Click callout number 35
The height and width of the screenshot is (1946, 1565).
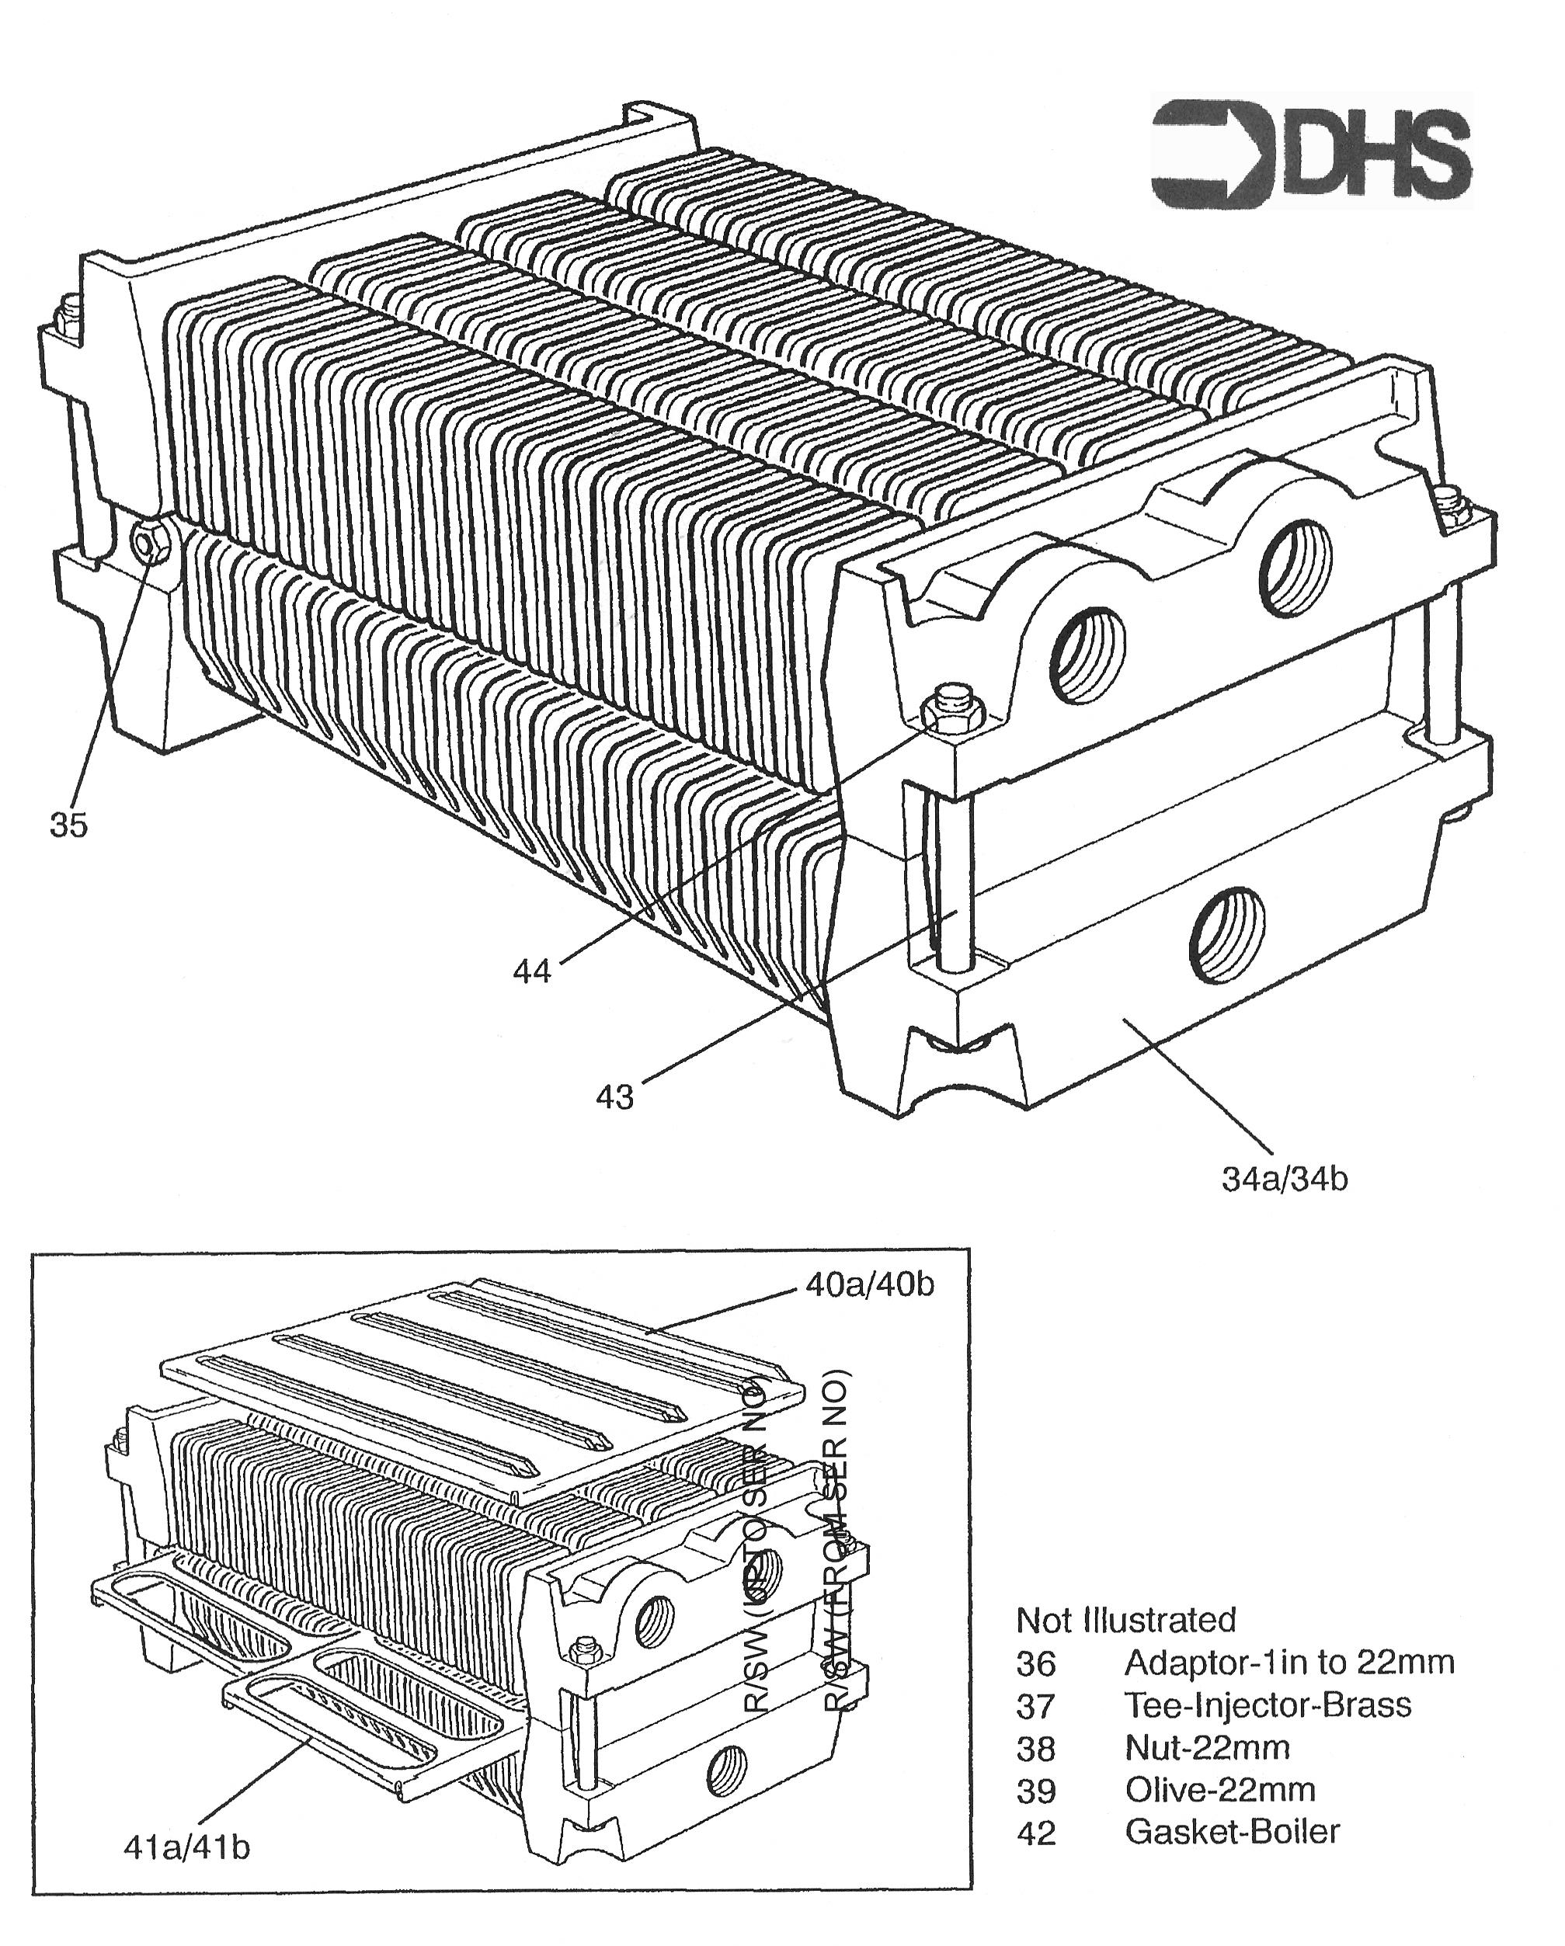(x=68, y=824)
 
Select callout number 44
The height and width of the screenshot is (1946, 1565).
(x=531, y=971)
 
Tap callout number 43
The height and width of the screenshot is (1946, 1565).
(x=614, y=1096)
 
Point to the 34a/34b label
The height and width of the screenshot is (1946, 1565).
(x=1285, y=1179)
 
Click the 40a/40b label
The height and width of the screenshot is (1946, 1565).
(x=869, y=1284)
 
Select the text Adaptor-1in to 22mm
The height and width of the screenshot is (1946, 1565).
(x=1289, y=1662)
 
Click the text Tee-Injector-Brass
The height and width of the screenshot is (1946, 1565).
(x=1268, y=1705)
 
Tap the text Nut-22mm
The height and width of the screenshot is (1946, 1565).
(x=1207, y=1747)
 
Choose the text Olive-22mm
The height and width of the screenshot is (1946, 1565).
(x=1219, y=1789)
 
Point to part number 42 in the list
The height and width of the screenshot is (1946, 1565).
(x=1035, y=1833)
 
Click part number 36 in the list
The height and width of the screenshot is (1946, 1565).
(x=1035, y=1663)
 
